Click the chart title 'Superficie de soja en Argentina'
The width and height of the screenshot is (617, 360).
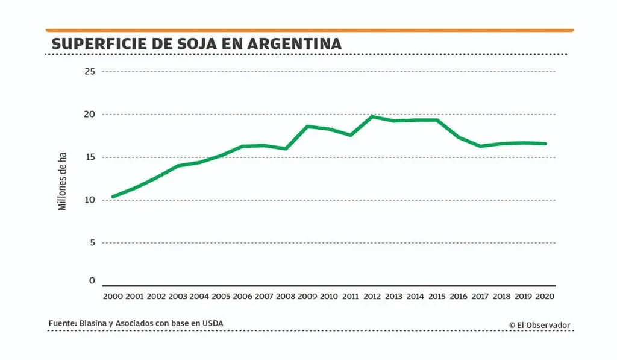pos(196,44)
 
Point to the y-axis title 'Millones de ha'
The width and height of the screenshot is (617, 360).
pos(62,182)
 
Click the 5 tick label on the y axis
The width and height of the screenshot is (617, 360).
pos(92,243)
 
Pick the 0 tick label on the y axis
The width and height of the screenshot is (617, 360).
pos(92,281)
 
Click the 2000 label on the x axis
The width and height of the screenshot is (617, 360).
pos(113,297)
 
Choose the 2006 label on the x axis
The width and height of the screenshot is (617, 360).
pos(242,297)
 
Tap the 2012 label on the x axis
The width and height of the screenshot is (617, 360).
pos(372,297)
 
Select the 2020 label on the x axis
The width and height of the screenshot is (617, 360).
pos(545,297)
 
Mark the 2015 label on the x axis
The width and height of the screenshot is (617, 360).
pos(437,297)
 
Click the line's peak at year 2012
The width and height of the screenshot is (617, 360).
pos(372,116)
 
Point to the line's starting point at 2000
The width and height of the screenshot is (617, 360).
pos(113,197)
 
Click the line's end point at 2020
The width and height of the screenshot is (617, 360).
pos(545,144)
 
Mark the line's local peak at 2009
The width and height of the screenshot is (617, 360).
pos(307,126)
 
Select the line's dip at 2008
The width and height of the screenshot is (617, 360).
pos(286,148)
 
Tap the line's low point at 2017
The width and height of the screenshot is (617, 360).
pos(480,146)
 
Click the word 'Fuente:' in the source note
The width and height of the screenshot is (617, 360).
pos(62,324)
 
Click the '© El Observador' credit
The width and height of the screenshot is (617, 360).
pos(539,326)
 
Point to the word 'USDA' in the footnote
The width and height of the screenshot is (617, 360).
pos(212,324)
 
